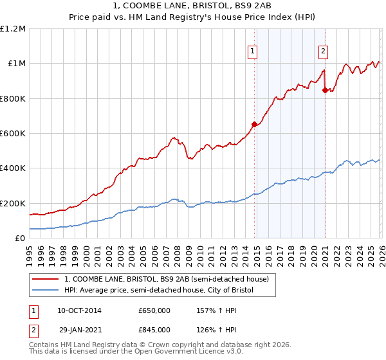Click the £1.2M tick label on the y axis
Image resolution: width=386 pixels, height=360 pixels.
13,29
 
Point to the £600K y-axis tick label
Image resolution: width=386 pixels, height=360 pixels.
13,134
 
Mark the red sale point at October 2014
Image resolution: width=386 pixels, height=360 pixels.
255,124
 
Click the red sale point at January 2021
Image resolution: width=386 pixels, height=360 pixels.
325,90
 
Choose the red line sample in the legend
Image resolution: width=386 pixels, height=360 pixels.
46,279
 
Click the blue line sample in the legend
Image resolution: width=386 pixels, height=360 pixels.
46,291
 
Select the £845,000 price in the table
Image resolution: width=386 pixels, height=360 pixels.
154,330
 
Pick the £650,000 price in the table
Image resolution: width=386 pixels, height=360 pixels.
154,310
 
